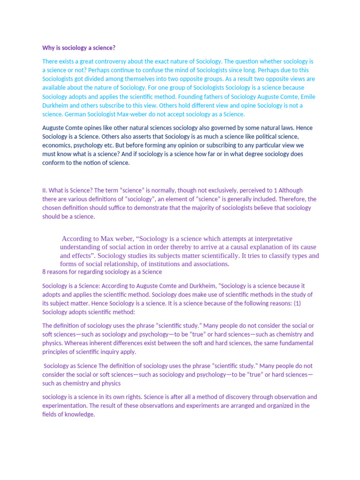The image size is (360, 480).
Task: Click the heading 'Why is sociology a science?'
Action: (79, 48)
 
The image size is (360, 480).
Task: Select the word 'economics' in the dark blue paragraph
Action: (57, 145)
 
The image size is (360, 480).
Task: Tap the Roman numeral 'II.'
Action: (45, 190)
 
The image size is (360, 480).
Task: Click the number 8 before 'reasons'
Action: (44, 272)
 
